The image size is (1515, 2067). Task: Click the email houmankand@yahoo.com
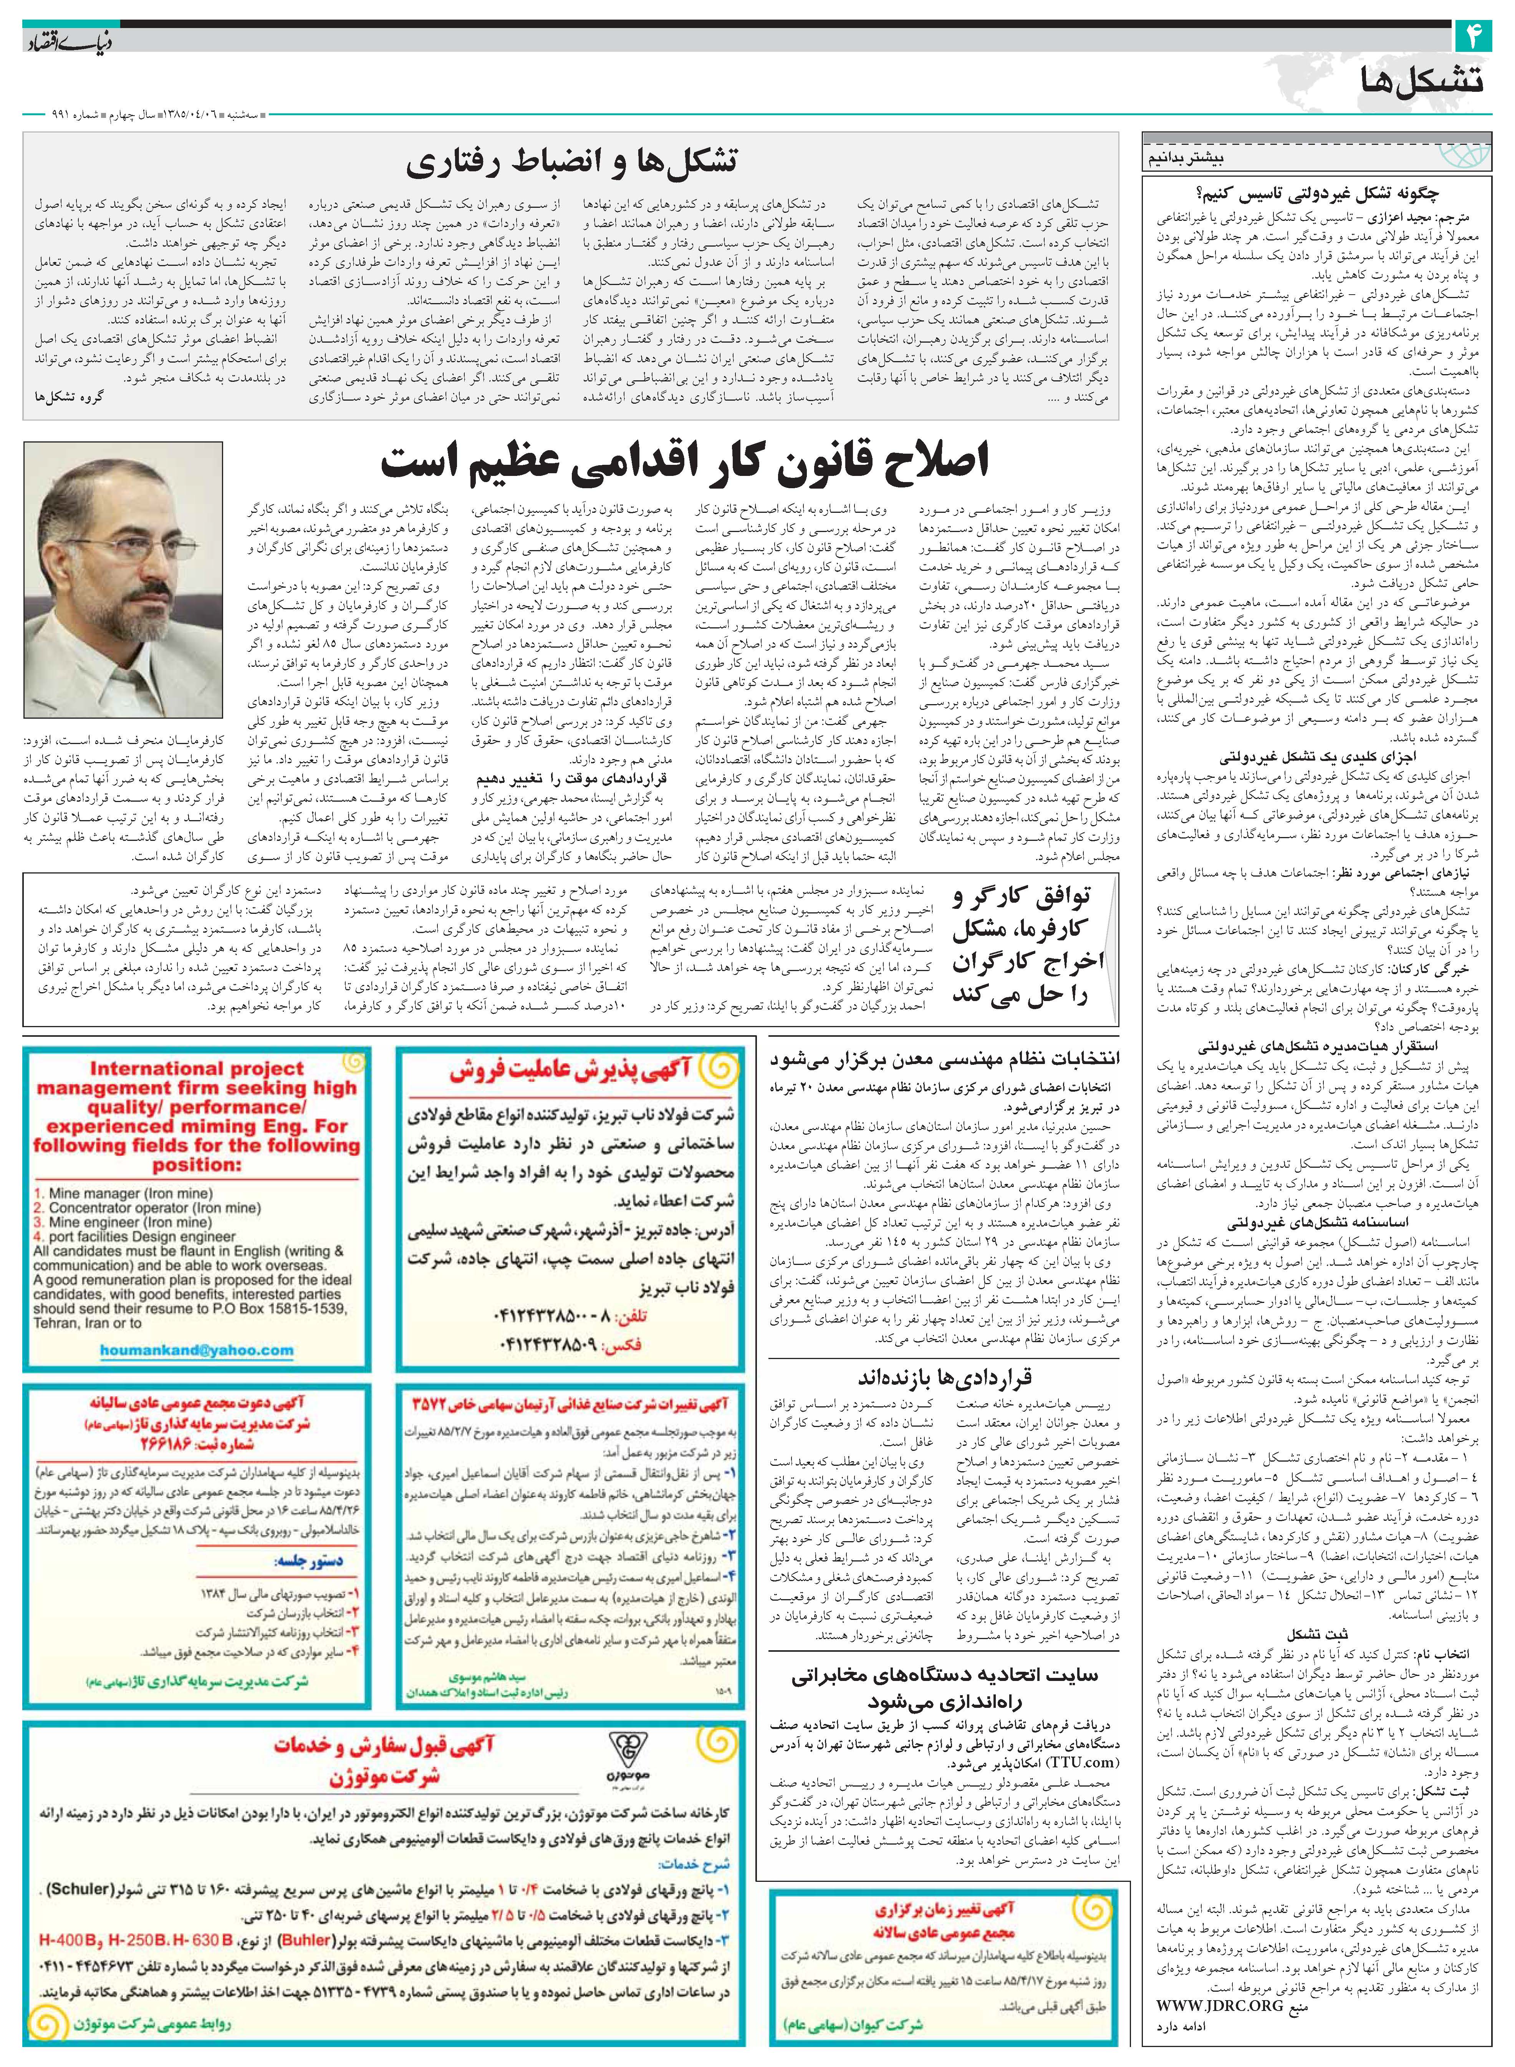click(197, 1350)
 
